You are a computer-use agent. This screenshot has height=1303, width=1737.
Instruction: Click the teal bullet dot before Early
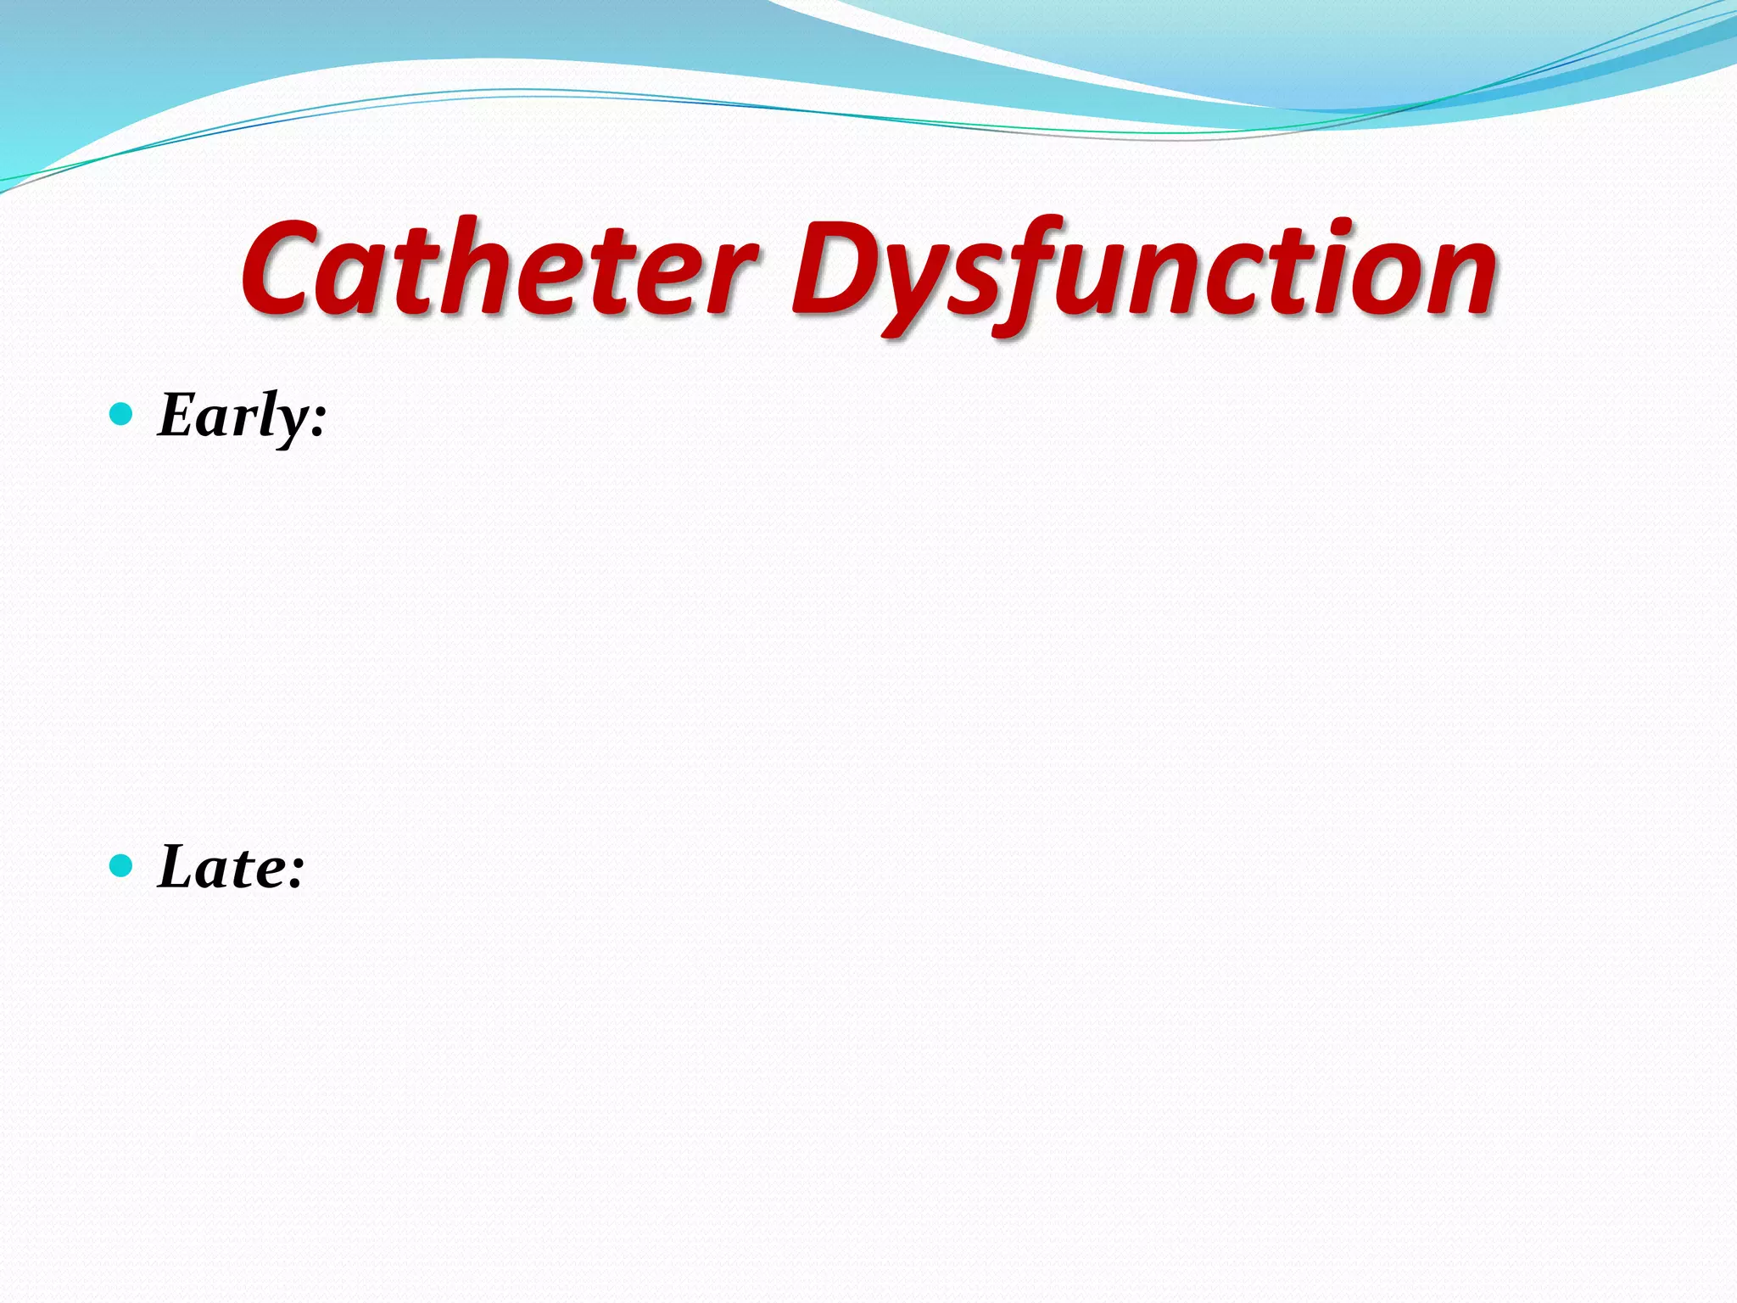click(x=122, y=414)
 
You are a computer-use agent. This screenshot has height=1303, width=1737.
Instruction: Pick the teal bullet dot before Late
click(x=122, y=865)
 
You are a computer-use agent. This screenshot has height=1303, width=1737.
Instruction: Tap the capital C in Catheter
click(x=284, y=267)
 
